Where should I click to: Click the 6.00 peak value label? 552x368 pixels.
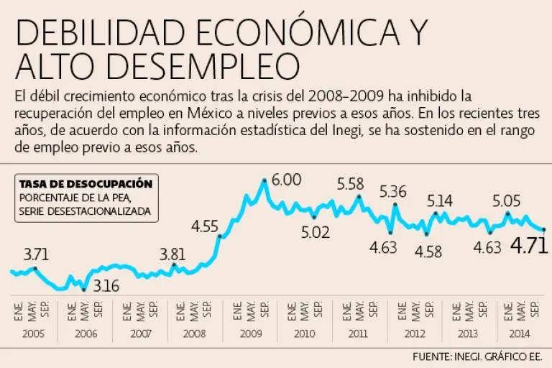click(x=287, y=180)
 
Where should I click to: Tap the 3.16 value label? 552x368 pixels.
click(x=107, y=285)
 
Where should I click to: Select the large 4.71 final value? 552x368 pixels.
click(x=529, y=246)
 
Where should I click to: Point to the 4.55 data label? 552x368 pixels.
click(x=205, y=227)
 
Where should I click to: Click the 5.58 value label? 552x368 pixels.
click(x=351, y=183)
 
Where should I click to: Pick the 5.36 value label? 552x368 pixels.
click(x=393, y=192)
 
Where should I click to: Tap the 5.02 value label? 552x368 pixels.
click(x=315, y=232)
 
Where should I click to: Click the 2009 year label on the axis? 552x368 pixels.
click(x=250, y=333)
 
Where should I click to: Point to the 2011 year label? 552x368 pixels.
click(x=359, y=333)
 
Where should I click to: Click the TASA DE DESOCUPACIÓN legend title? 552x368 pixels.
click(x=86, y=184)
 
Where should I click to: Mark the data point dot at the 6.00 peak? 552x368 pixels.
click(x=264, y=180)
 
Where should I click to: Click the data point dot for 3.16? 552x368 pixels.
click(x=84, y=290)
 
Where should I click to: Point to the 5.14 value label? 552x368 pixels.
click(x=440, y=201)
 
